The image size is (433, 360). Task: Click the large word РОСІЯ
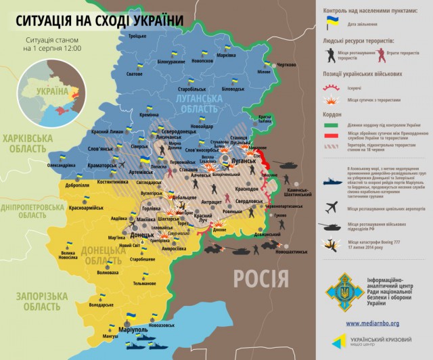click(x=260, y=277)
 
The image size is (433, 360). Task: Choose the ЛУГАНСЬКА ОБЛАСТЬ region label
click(x=197, y=103)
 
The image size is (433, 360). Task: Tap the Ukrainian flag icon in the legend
click(x=332, y=22)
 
